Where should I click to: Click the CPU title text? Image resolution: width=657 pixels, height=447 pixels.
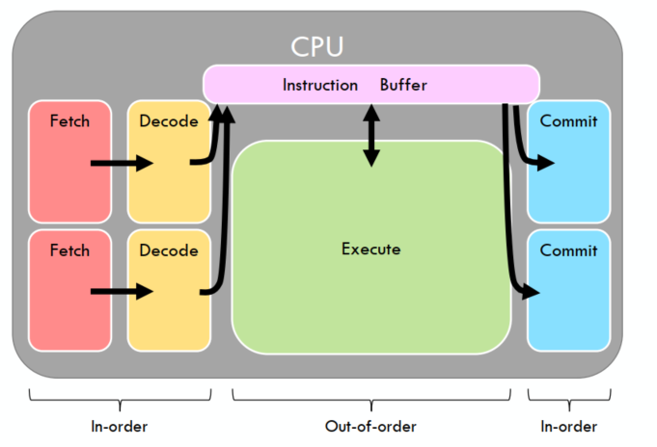tap(317, 45)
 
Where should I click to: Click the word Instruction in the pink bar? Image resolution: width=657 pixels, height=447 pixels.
tap(318, 85)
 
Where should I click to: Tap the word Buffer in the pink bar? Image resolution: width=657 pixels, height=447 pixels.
tap(403, 85)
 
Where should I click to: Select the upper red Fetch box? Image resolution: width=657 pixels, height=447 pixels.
tap(69, 160)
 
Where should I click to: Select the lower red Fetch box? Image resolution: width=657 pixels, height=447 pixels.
tap(69, 289)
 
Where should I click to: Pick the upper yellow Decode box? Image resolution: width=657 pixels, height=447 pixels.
tap(169, 160)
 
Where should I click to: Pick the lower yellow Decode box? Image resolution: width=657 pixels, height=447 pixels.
tap(169, 289)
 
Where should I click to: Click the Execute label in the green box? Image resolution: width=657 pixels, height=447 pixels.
tap(370, 250)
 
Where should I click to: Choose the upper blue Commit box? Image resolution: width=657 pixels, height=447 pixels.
tap(568, 160)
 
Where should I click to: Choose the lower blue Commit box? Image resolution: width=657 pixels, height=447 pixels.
tap(568, 289)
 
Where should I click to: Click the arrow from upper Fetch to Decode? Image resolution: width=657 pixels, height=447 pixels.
tap(122, 163)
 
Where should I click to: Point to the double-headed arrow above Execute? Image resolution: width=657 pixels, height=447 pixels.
tap(371, 134)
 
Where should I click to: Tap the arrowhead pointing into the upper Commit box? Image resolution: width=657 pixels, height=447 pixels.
tap(546, 163)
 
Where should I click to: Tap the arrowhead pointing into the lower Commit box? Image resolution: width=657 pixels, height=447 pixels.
tap(532, 290)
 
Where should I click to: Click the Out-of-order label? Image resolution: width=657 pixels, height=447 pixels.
tap(370, 427)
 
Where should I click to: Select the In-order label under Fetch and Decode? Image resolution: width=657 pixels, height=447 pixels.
tap(120, 427)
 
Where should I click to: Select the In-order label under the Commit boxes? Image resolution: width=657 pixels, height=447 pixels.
tap(568, 427)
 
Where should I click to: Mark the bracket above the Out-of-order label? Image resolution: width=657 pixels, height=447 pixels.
tap(371, 395)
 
